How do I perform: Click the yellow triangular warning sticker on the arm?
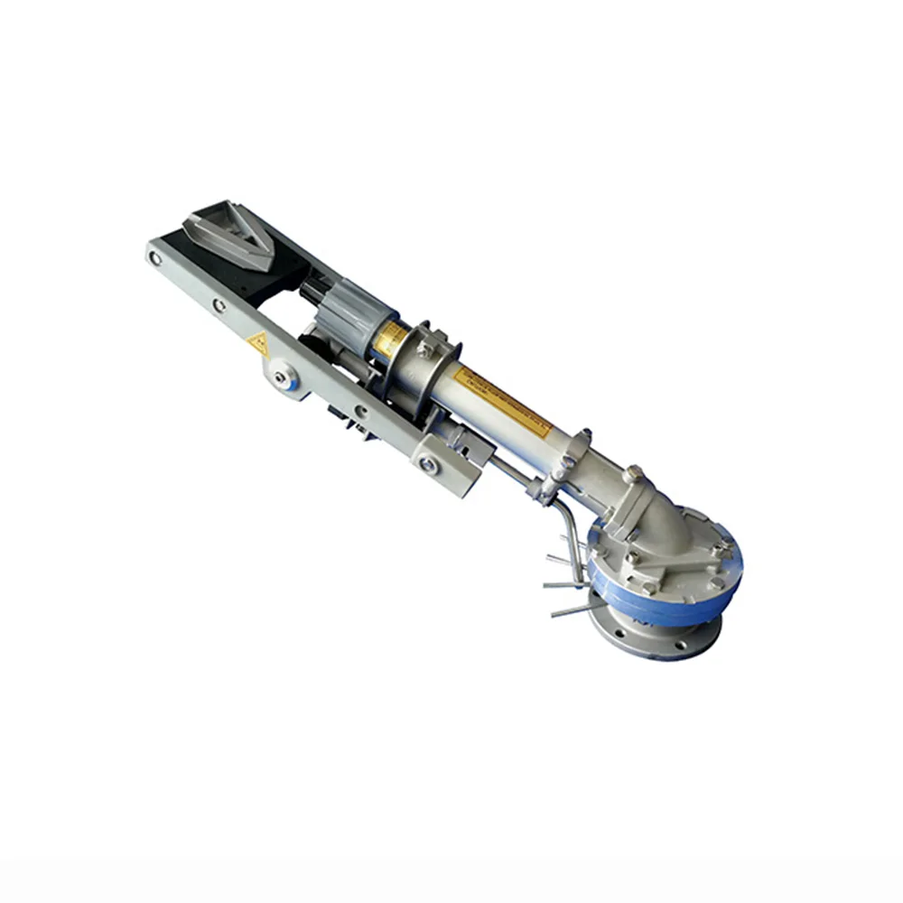point(257,344)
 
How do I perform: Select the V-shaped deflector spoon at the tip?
point(229,237)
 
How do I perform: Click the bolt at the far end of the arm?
point(156,258)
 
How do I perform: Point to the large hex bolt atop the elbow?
point(633,473)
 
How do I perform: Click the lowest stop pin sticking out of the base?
point(569,611)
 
